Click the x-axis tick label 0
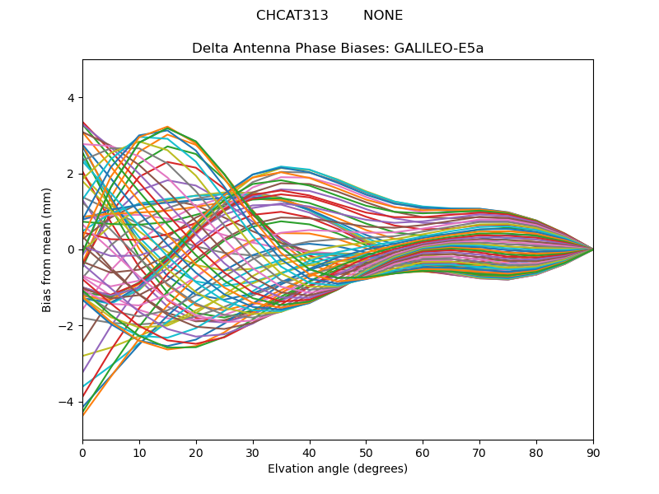[x=82, y=452]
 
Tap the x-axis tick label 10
[x=139, y=452]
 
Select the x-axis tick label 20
[x=196, y=452]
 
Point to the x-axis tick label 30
[x=253, y=452]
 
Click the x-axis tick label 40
[x=310, y=452]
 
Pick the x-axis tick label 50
[x=366, y=452]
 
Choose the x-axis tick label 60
[x=423, y=452]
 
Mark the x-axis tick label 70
[x=479, y=452]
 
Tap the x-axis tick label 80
[x=536, y=452]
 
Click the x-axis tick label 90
[x=593, y=452]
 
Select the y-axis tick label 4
[x=70, y=98]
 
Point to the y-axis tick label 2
[x=70, y=174]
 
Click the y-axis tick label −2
[x=68, y=325]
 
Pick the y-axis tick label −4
[x=68, y=402]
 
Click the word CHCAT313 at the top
[x=292, y=16]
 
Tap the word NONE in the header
[x=383, y=16]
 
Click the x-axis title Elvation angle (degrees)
[x=338, y=468]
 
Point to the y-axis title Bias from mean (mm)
[x=48, y=249]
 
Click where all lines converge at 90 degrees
[x=593, y=249]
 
